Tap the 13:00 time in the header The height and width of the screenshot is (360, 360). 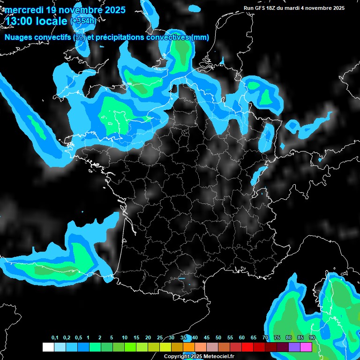pyautogui.click(x=18, y=20)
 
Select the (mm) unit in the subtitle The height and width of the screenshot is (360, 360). pyautogui.click(x=200, y=37)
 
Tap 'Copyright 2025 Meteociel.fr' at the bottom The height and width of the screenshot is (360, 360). pyautogui.click(x=199, y=356)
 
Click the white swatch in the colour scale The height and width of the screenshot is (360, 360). pyautogui.click(x=48, y=347)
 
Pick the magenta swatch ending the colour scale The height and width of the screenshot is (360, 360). pyautogui.click(x=306, y=347)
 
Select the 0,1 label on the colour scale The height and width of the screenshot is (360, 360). pyautogui.click(x=54, y=338)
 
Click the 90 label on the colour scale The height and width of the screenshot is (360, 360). pyautogui.click(x=312, y=338)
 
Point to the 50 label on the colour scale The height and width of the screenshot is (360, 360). pyautogui.click(x=218, y=338)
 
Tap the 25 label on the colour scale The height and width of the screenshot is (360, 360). pyautogui.click(x=160, y=338)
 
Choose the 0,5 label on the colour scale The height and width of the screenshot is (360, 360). pyautogui.click(x=78, y=338)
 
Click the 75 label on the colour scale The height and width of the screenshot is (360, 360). pyautogui.click(x=277, y=338)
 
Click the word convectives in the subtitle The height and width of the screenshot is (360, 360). pyautogui.click(x=166, y=37)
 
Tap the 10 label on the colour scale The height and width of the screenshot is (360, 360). pyautogui.click(x=125, y=338)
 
